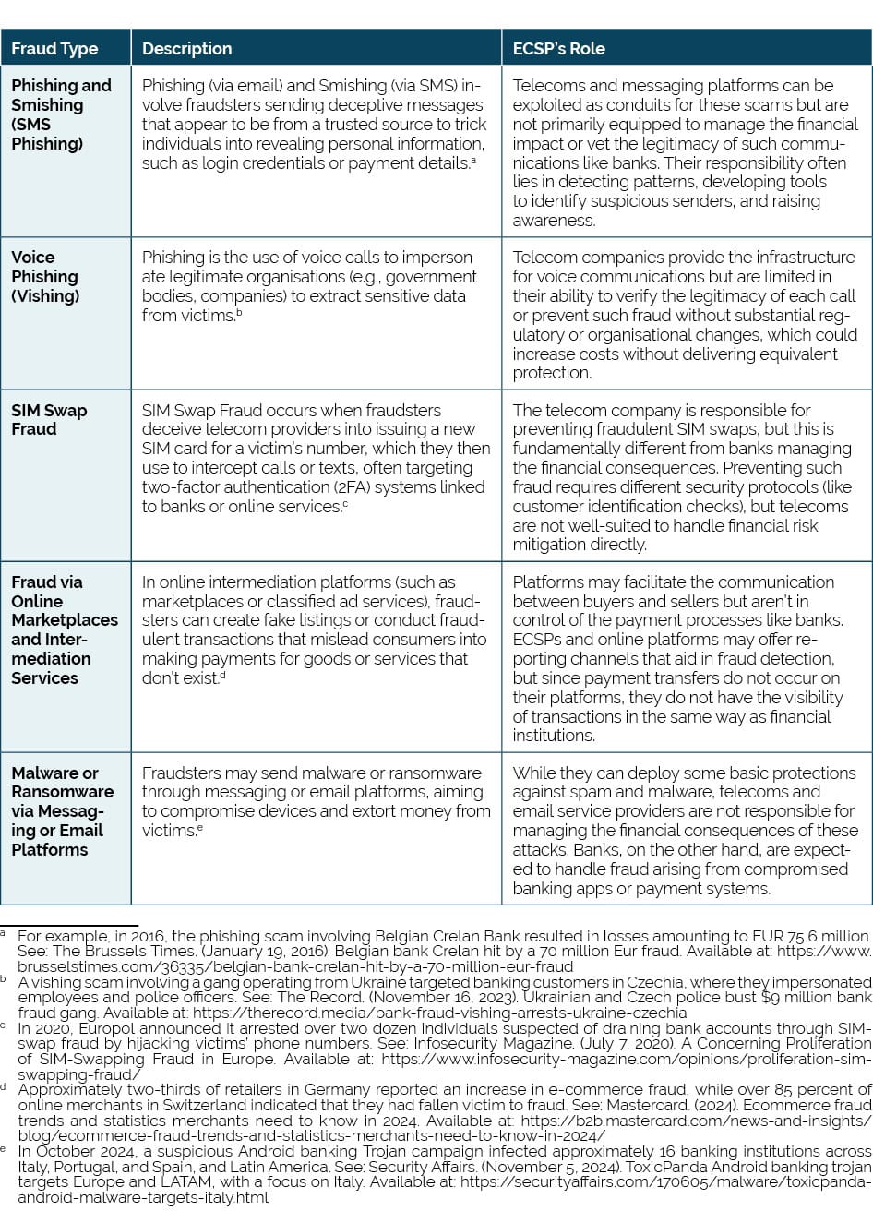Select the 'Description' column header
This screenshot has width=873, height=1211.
pyautogui.click(x=187, y=49)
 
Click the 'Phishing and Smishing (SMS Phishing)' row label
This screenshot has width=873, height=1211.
pyautogui.click(x=61, y=114)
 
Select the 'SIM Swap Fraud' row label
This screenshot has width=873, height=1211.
pyautogui.click(x=50, y=419)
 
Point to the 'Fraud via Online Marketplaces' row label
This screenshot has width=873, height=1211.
pyautogui.click(x=65, y=629)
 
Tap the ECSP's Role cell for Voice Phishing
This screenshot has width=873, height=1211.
pyautogui.click(x=684, y=315)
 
